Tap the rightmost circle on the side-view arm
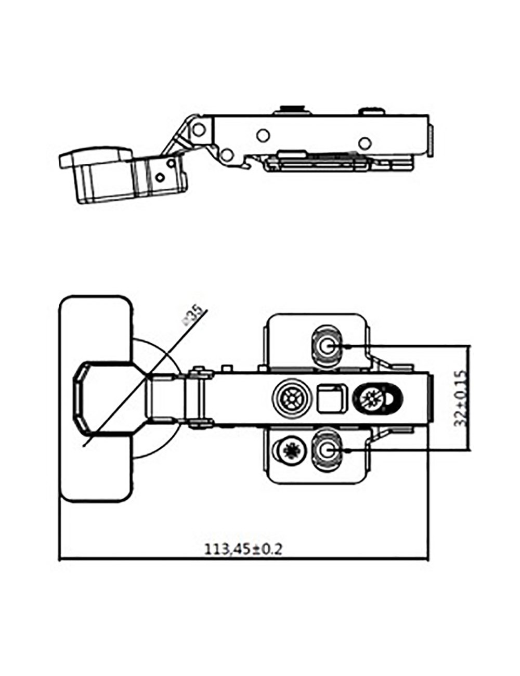coord(366,142)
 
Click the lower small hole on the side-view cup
coord(160,177)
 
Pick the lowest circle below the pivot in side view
coord(226,154)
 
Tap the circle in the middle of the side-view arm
coord(263,135)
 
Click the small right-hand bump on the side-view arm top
coord(373,110)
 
